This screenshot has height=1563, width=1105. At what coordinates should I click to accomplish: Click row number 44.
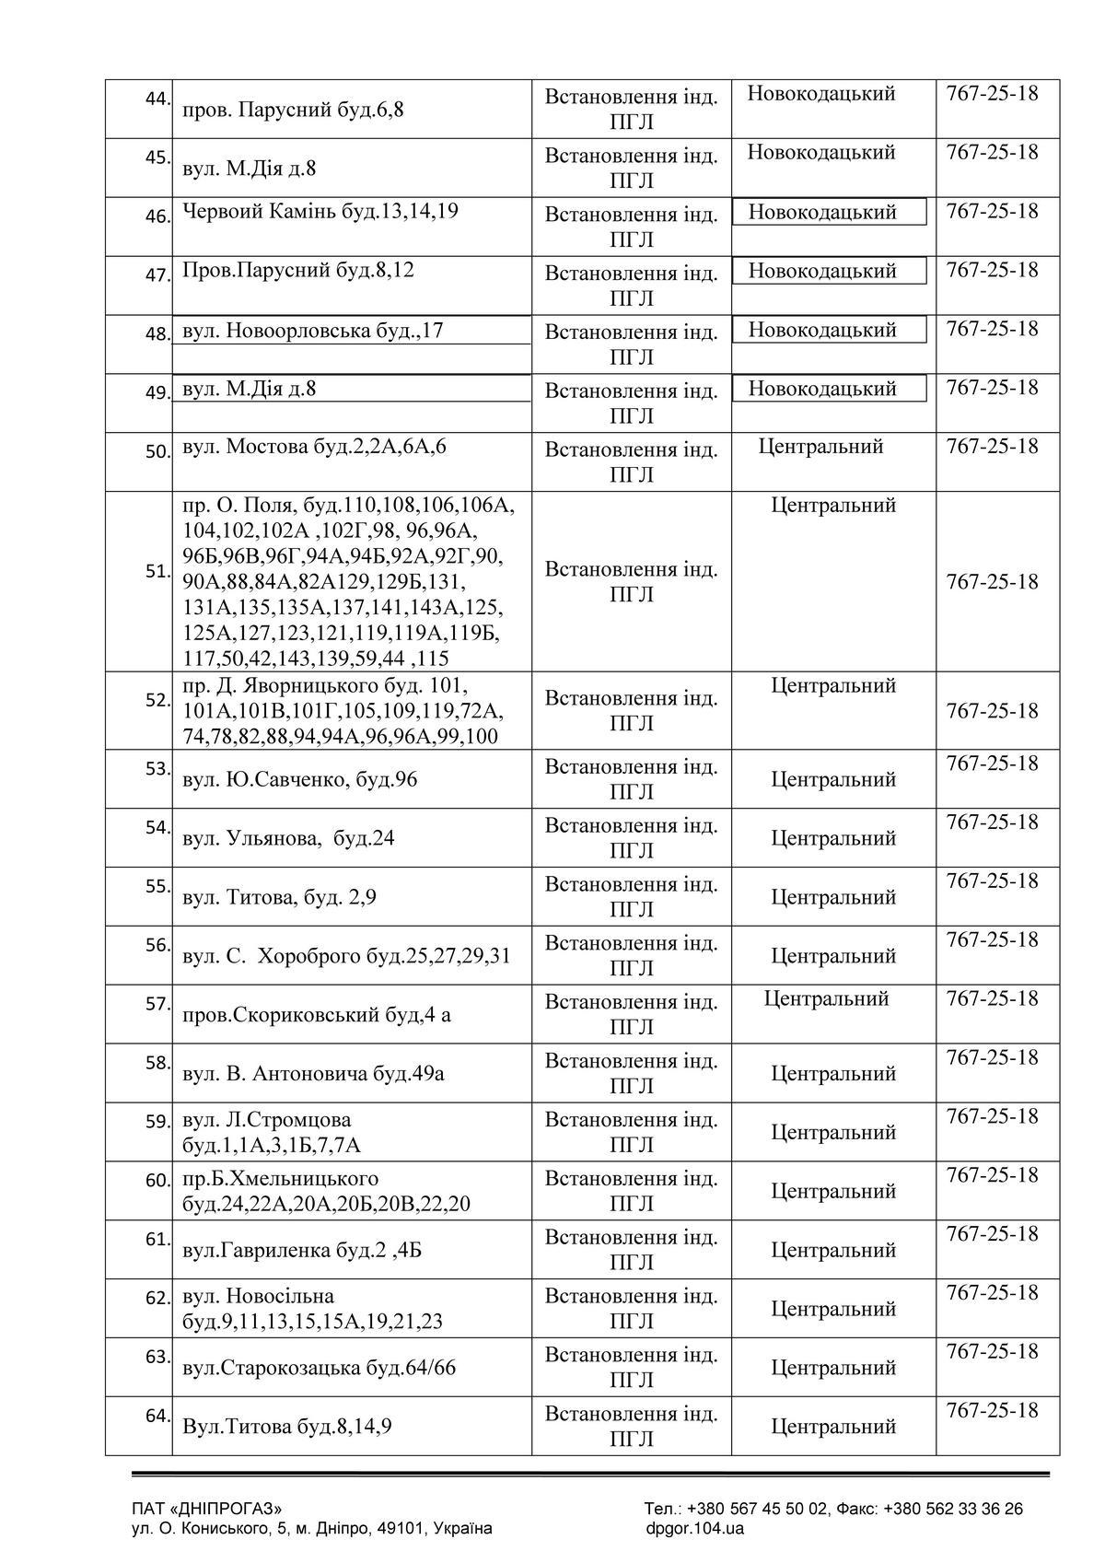click(x=157, y=99)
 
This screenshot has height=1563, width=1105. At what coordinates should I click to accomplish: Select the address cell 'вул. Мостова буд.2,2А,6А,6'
click(x=315, y=448)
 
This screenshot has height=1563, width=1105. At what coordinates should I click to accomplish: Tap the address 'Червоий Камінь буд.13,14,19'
click(x=320, y=212)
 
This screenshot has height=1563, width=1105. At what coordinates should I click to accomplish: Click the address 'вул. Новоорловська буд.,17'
click(x=313, y=330)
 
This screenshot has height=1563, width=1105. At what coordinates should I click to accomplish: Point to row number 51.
click(x=157, y=571)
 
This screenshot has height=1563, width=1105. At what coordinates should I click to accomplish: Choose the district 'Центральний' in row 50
click(x=820, y=447)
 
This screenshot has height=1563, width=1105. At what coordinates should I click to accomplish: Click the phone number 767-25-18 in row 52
click(x=992, y=711)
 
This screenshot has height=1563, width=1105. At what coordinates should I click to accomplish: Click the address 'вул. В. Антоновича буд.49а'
click(x=313, y=1074)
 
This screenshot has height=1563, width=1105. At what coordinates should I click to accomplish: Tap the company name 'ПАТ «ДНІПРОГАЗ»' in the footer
click(x=207, y=1509)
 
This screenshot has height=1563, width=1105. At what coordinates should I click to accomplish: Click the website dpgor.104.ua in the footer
click(x=694, y=1529)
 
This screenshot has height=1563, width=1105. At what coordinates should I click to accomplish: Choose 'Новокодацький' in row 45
click(x=820, y=153)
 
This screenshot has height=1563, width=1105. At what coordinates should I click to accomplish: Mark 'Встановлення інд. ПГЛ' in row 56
click(x=631, y=956)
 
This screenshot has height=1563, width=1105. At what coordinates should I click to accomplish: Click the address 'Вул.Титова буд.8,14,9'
click(x=287, y=1427)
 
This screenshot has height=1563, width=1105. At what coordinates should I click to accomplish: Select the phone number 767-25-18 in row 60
click(x=992, y=1175)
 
